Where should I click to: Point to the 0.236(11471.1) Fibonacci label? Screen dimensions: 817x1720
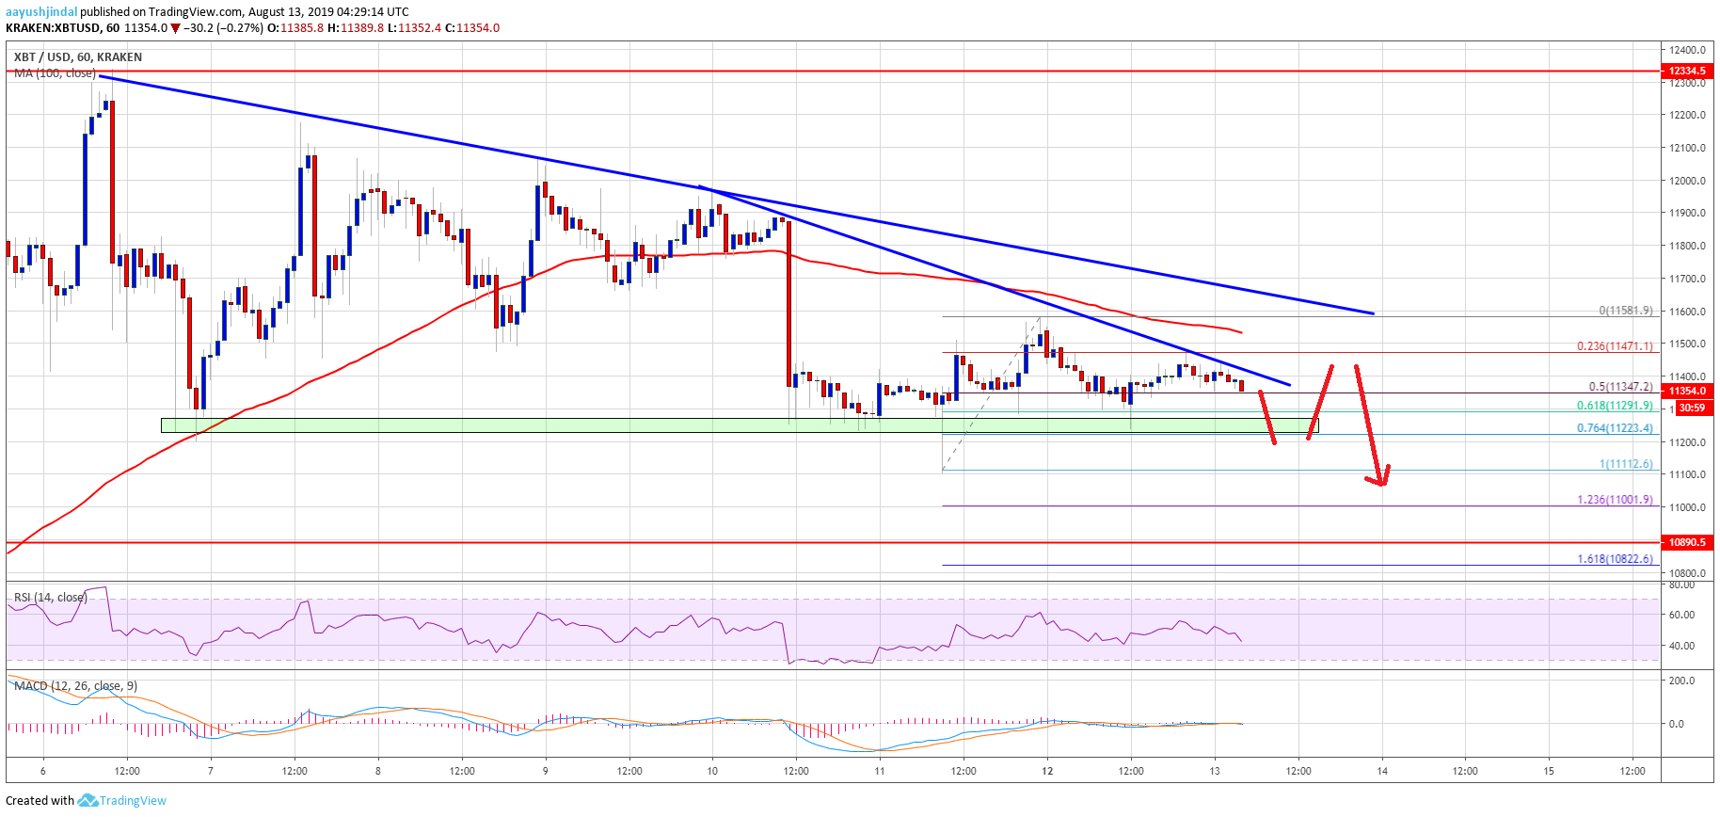(1615, 346)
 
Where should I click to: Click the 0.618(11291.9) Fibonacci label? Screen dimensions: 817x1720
(1615, 406)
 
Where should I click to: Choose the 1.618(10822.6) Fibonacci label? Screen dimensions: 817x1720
(1615, 559)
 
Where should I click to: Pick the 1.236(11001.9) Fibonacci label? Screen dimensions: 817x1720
(1615, 500)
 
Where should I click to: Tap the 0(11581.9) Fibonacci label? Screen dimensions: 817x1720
(1626, 311)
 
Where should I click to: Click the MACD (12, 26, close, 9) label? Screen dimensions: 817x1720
(75, 686)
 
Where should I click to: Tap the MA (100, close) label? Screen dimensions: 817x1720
(55, 73)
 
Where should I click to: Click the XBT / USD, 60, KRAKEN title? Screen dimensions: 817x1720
(78, 57)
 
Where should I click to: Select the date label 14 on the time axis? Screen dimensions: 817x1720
(1382, 771)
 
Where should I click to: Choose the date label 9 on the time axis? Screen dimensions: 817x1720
(546, 771)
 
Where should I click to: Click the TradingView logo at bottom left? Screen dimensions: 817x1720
(121, 801)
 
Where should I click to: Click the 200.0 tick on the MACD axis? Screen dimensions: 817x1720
(1682, 681)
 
